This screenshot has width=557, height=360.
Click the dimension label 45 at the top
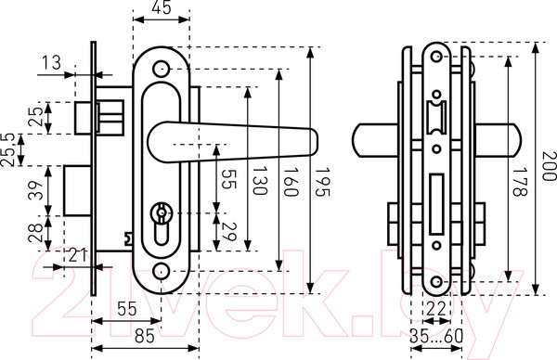click(162, 7)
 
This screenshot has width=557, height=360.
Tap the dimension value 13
click(51, 63)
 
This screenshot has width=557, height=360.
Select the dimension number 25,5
click(7, 149)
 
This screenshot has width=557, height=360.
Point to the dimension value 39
click(36, 190)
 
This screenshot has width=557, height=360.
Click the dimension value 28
click(36, 233)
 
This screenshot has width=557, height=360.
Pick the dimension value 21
click(78, 256)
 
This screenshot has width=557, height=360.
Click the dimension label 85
click(145, 336)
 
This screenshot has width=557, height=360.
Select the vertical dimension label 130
click(260, 181)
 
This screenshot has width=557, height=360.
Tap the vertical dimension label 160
click(291, 182)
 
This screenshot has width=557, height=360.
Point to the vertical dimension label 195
click(322, 182)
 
